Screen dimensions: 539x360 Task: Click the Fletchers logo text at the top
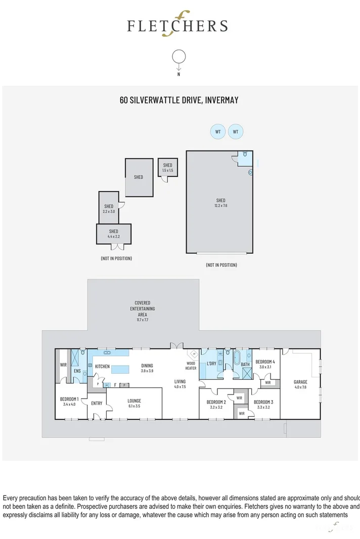[177, 26]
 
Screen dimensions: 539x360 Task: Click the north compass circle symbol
[178, 57]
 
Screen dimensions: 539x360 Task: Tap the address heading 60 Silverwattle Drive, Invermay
[179, 100]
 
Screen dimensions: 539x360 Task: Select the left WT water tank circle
[218, 132]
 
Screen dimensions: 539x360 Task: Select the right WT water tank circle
[235, 132]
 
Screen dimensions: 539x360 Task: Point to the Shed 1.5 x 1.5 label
[167, 168]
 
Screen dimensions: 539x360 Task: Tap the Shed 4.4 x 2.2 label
[113, 234]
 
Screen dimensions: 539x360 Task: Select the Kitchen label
[102, 366]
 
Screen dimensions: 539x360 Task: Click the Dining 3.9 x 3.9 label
[147, 368]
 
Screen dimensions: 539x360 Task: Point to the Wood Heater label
[191, 366]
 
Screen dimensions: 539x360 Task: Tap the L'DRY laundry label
[211, 364]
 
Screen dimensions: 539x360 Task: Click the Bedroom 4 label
[265, 364]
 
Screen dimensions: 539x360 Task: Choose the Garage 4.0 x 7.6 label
[300, 384]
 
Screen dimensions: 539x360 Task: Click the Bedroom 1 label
[69, 402]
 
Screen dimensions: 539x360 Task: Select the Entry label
[97, 403]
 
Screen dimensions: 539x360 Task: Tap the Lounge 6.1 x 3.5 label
[134, 403]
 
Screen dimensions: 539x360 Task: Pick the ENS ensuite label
[77, 371]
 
